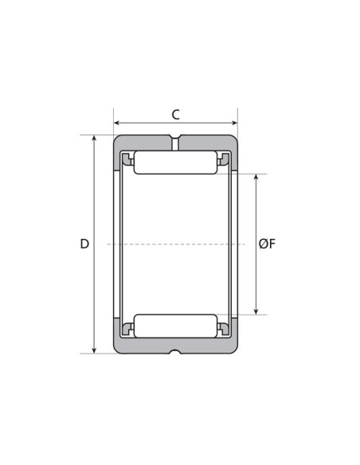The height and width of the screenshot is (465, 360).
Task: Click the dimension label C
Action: pyautogui.click(x=175, y=115)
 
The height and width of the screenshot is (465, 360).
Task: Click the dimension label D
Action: pyautogui.click(x=84, y=244)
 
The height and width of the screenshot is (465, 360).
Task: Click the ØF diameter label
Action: pyautogui.click(x=267, y=244)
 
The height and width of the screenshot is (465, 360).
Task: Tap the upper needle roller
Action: pyautogui.click(x=175, y=162)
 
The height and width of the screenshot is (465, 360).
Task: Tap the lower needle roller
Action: pyautogui.click(x=175, y=326)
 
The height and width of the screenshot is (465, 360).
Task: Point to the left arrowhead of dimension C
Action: pyautogui.click(x=116, y=123)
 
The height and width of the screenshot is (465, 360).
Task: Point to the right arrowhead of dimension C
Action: pyautogui.click(x=235, y=123)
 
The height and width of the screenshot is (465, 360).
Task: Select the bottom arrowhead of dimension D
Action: pyautogui.click(x=94, y=350)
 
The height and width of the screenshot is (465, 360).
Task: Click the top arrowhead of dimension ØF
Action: pyautogui.click(x=256, y=178)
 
